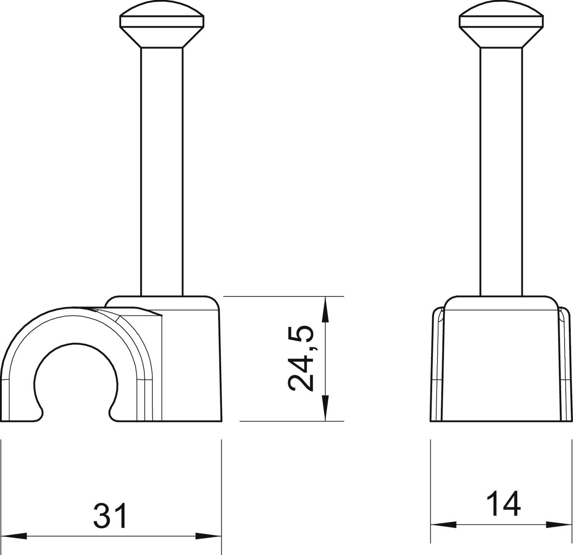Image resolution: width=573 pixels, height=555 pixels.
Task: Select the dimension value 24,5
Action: (301, 359)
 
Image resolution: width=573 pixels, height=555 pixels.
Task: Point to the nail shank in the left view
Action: (162, 172)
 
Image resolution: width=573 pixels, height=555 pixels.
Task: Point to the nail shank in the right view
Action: (501, 172)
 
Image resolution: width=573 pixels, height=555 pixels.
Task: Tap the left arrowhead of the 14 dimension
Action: (443, 524)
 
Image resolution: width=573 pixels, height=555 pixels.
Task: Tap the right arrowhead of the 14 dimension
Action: (559, 524)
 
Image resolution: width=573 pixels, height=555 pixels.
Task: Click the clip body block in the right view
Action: (501, 363)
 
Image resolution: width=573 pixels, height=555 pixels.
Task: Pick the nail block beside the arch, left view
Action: (191, 363)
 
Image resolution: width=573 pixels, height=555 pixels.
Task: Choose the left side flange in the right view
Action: (437, 363)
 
